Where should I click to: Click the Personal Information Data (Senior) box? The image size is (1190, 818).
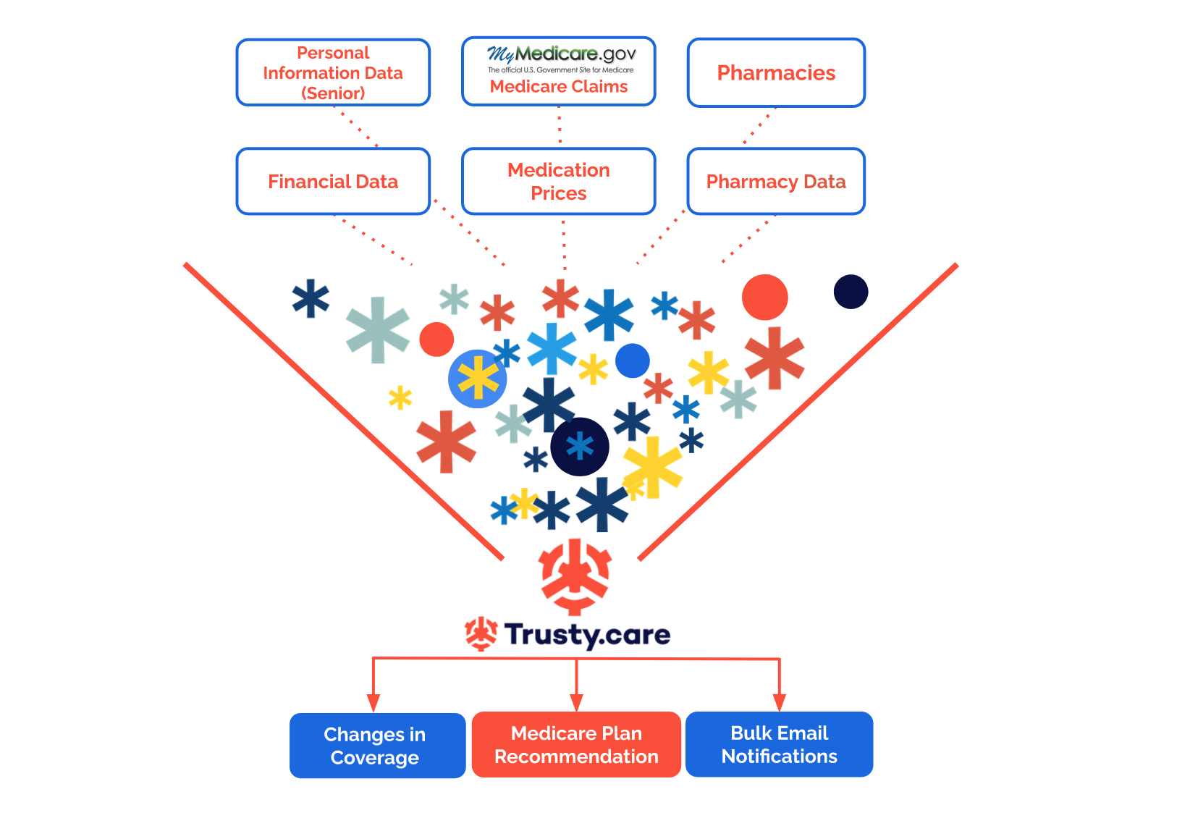pyautogui.click(x=333, y=72)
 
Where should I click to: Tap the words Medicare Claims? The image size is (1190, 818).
pyautogui.click(x=559, y=87)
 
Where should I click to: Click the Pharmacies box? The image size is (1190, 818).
pyautogui.click(x=776, y=72)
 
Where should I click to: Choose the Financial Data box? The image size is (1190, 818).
pyautogui.click(x=333, y=181)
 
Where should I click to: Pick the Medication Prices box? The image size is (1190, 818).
pyautogui.click(x=559, y=181)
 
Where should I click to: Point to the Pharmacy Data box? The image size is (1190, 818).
pyautogui.click(x=776, y=181)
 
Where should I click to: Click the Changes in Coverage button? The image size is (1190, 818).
pyautogui.click(x=376, y=746)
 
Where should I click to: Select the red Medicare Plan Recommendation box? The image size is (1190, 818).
pyautogui.click(x=576, y=745)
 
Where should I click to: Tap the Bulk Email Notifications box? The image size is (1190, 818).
pyautogui.click(x=779, y=744)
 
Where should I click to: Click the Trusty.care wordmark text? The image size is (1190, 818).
pyautogui.click(x=587, y=635)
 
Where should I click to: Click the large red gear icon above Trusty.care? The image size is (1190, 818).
pyautogui.click(x=575, y=576)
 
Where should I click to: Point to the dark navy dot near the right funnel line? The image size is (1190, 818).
pyautogui.click(x=851, y=292)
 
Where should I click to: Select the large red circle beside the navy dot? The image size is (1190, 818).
pyautogui.click(x=764, y=297)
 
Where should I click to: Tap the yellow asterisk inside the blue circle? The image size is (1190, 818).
pyautogui.click(x=478, y=379)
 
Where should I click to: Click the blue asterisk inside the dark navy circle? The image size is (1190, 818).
pyautogui.click(x=580, y=447)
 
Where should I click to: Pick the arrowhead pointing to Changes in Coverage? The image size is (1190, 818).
pyautogui.click(x=373, y=703)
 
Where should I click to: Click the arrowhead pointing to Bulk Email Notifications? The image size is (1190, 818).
pyautogui.click(x=779, y=702)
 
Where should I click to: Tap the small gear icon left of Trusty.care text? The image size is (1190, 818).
pyautogui.click(x=481, y=634)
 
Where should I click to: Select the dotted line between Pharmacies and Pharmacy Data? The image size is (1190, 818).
pyautogui.click(x=758, y=127)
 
